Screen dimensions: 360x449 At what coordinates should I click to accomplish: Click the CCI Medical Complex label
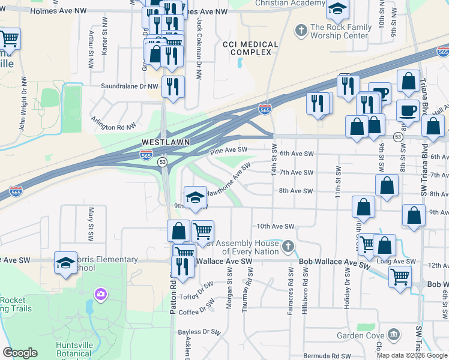click(x=250, y=49)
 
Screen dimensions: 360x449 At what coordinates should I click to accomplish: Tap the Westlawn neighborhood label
click(x=166, y=142)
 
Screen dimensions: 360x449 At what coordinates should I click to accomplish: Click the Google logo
click(x=20, y=353)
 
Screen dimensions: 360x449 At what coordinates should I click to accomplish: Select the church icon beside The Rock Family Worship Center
click(x=300, y=29)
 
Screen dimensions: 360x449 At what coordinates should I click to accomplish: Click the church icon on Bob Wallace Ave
click(x=288, y=246)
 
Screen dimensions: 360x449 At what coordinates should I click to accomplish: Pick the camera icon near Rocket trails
click(x=100, y=293)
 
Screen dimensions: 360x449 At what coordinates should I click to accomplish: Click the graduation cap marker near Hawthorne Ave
click(x=195, y=197)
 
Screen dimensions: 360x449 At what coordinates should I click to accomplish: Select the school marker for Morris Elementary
click(x=65, y=262)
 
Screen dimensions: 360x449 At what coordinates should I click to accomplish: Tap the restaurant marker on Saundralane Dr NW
click(x=173, y=86)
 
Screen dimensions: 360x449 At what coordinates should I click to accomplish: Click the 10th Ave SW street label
click(x=276, y=226)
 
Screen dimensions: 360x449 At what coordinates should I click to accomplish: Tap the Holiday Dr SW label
click(x=347, y=289)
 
